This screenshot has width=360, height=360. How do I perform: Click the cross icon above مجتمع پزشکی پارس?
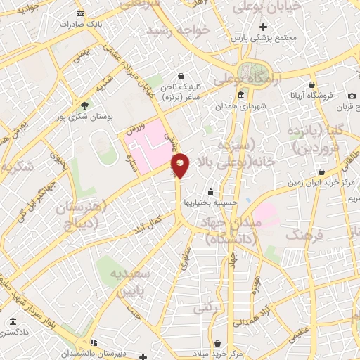pyautogui.click(x=263, y=27)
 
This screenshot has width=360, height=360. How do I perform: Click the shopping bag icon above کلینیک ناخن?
pyautogui.click(x=181, y=76)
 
